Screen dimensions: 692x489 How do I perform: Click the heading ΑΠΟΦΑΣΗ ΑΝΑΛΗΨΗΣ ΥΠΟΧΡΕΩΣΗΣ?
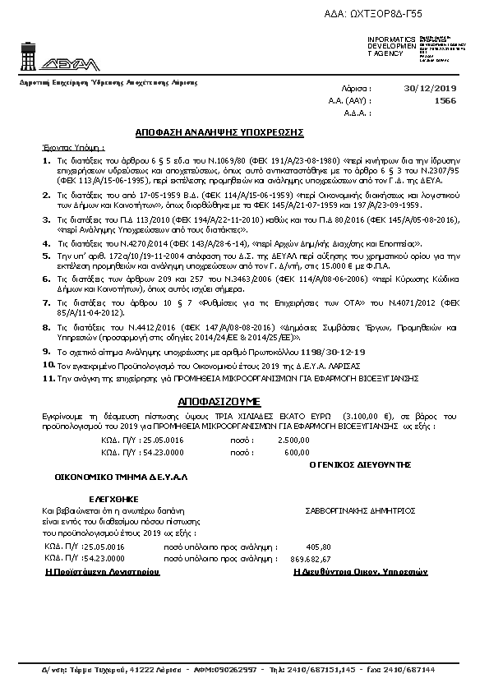click(219, 131)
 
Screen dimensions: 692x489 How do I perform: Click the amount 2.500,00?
click(271, 440)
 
